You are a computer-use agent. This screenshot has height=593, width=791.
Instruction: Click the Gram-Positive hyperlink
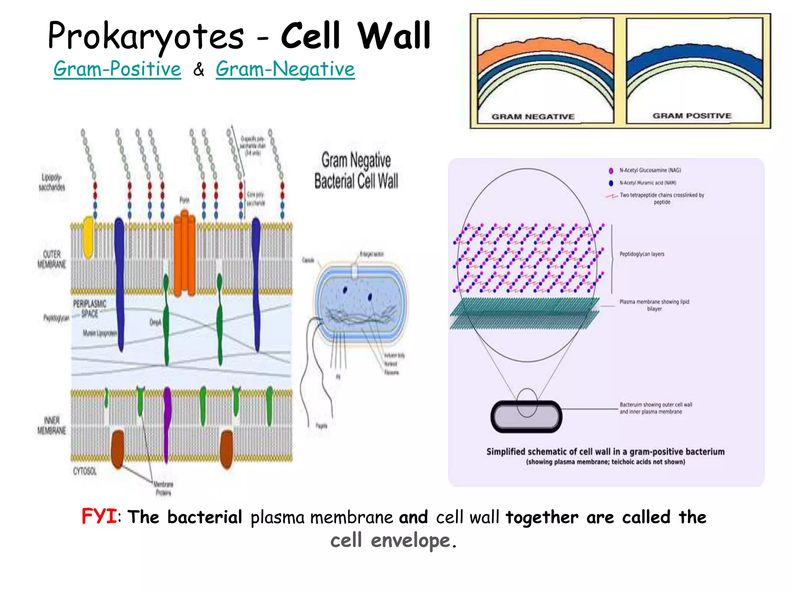click(117, 69)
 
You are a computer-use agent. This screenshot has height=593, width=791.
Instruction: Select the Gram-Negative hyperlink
click(285, 69)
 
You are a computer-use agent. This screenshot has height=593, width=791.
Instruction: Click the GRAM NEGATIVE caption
click(533, 117)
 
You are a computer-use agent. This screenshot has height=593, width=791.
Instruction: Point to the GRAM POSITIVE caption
click(692, 115)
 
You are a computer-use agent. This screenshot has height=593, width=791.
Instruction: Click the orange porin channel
click(185, 253)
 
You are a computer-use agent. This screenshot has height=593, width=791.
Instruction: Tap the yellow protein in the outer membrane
click(88, 237)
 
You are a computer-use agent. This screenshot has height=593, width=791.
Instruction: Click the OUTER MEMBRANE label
click(52, 259)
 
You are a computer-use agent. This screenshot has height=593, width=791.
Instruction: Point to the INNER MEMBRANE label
click(52, 425)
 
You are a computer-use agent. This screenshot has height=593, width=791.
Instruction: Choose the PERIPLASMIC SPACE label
click(90, 308)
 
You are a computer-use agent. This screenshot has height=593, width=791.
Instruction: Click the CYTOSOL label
click(85, 471)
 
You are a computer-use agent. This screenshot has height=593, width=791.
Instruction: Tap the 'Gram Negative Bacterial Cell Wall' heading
click(356, 170)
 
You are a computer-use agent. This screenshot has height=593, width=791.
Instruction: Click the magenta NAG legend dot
click(611, 171)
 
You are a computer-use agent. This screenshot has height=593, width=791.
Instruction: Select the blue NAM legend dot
click(611, 183)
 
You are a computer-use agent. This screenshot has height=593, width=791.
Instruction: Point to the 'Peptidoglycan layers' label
click(642, 254)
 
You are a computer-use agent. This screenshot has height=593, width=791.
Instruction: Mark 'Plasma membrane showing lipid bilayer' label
click(654, 305)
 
